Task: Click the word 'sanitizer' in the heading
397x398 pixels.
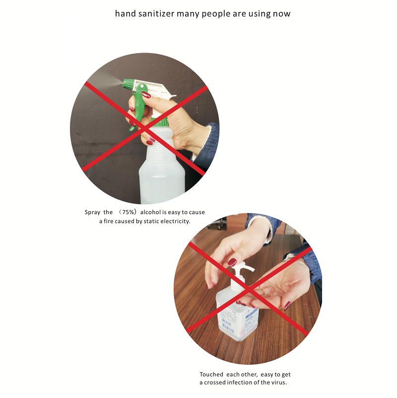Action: tap(156, 13)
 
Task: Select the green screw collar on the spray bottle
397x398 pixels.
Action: tap(159, 122)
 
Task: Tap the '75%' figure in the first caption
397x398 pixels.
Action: tap(128, 212)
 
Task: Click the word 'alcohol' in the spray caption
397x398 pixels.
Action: tap(150, 212)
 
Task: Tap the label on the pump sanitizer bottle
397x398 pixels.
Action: tap(238, 320)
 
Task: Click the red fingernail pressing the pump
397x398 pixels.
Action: tap(232, 262)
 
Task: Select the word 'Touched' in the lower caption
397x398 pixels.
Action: tap(211, 374)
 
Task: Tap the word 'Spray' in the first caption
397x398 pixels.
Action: tap(92, 213)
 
